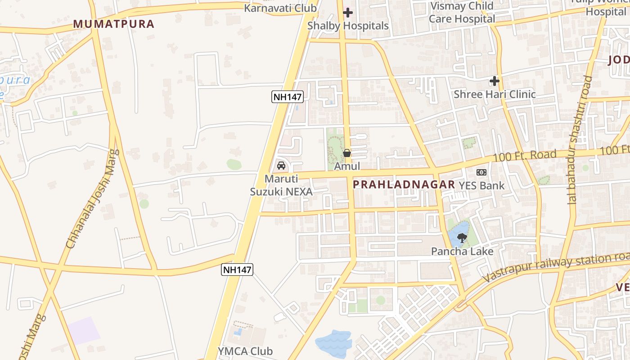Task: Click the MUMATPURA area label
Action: [x=113, y=24]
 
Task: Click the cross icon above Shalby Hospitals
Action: [x=348, y=13]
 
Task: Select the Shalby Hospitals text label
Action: [x=348, y=26]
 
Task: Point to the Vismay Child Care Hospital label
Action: [x=462, y=13]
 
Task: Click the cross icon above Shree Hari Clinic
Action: [x=495, y=81]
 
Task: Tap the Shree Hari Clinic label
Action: [x=495, y=94]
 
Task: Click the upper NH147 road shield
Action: [x=288, y=96]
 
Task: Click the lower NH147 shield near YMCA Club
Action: [x=237, y=270]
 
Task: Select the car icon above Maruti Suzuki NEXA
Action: [x=281, y=165]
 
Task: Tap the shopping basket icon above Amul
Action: [x=347, y=153]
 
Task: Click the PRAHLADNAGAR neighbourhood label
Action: [x=404, y=184]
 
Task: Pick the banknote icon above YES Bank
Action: [x=481, y=172]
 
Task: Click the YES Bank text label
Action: [x=481, y=185]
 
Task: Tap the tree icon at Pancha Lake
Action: [x=462, y=238]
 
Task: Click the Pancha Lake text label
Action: [x=462, y=251]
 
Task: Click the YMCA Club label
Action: [x=245, y=351]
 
